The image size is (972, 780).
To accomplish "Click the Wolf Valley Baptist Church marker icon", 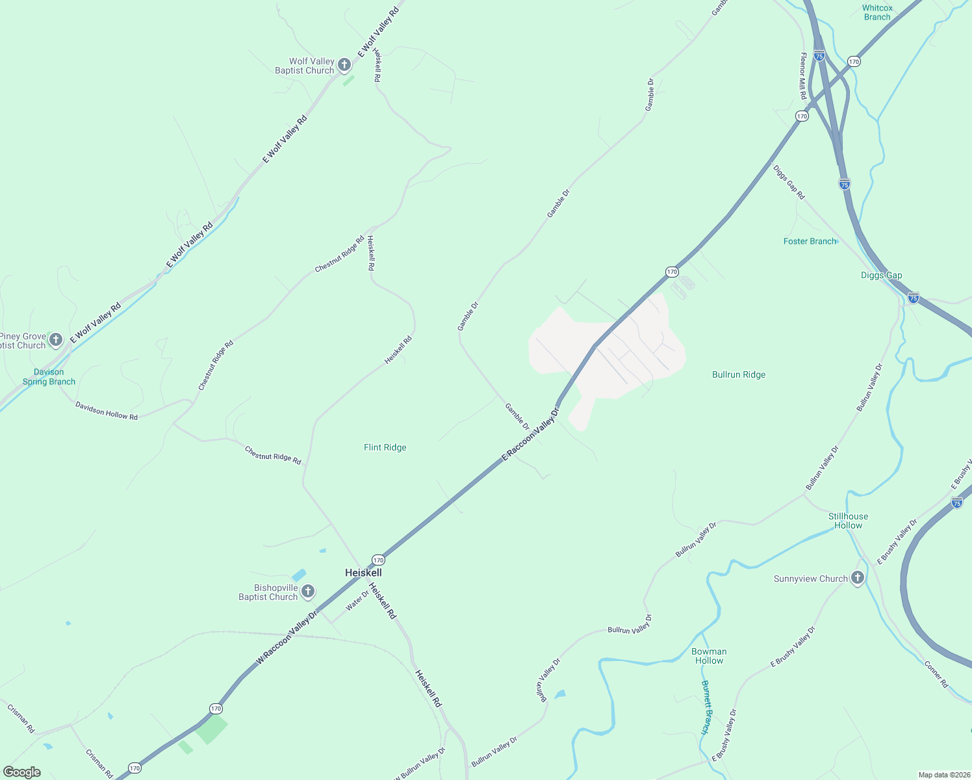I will pyautogui.click(x=344, y=65).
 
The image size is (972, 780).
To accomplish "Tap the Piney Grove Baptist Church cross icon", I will pyautogui.click(x=56, y=339).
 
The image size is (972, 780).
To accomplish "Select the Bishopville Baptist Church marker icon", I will pyautogui.click(x=308, y=591).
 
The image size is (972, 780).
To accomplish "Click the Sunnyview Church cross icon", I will pyautogui.click(x=858, y=578).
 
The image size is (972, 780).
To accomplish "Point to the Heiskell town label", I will pyautogui.click(x=363, y=573).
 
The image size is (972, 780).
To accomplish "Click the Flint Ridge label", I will pyautogui.click(x=385, y=447).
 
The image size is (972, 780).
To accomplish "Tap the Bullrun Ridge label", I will pyautogui.click(x=739, y=374).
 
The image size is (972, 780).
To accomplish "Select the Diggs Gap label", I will pyautogui.click(x=881, y=275).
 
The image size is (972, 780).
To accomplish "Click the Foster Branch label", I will pyautogui.click(x=810, y=241).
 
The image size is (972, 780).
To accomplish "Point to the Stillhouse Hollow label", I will pyautogui.click(x=848, y=521).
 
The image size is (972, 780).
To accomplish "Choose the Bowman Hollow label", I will pyautogui.click(x=709, y=656).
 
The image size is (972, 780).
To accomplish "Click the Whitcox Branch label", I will pyautogui.click(x=877, y=12).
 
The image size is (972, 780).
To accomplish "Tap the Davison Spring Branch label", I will pyautogui.click(x=49, y=377).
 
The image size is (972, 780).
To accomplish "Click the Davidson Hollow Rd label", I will pyautogui.click(x=107, y=411).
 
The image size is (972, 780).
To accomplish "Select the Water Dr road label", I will pyautogui.click(x=357, y=600).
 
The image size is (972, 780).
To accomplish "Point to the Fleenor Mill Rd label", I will pyautogui.click(x=803, y=76).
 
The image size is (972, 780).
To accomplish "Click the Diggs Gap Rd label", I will pyautogui.click(x=789, y=182).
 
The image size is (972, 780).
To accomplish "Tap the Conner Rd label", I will pyautogui.click(x=936, y=674).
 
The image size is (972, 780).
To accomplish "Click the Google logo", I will pyautogui.click(x=22, y=772).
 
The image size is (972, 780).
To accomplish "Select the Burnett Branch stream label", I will pyautogui.click(x=706, y=707).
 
